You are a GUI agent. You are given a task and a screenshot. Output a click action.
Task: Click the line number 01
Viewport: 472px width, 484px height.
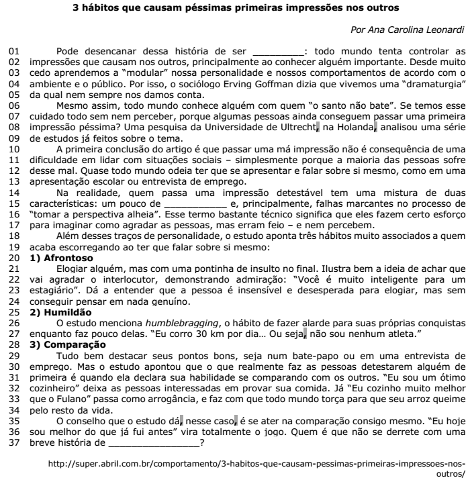(13, 50)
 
